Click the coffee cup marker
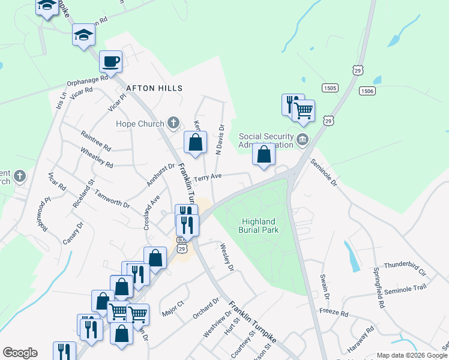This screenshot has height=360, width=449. click(x=112, y=61)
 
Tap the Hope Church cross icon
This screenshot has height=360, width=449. click(x=173, y=124)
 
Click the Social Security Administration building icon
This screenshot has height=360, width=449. click(x=302, y=141)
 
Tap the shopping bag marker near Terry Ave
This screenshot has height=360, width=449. click(x=195, y=142)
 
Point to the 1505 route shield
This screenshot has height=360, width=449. click(x=330, y=88)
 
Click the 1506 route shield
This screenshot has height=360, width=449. click(x=367, y=91)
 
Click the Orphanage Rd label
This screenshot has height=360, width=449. click(x=88, y=79)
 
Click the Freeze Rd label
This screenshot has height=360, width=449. click(x=334, y=313)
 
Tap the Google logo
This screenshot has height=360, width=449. click(x=20, y=353)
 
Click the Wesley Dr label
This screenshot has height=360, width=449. click(x=226, y=257)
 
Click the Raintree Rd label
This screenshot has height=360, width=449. click(x=95, y=142)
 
